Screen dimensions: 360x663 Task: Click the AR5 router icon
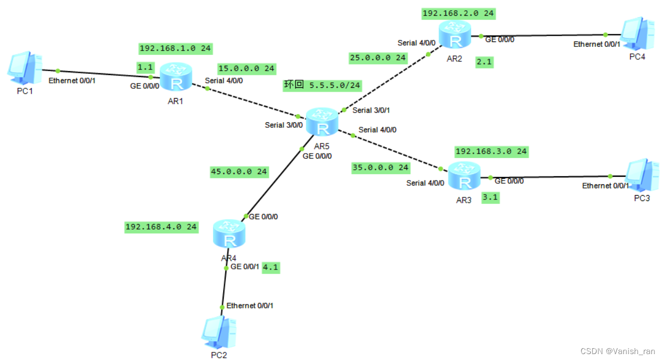tap(322, 121)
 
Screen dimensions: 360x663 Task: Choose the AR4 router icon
tap(230, 233)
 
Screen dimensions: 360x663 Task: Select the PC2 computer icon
tap(218, 332)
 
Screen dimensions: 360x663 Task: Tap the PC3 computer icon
tap(642, 175)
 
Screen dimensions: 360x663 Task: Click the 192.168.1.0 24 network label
tap(175, 49)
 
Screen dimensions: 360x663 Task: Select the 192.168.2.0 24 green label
tap(459, 13)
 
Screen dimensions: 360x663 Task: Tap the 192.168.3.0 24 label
tap(491, 151)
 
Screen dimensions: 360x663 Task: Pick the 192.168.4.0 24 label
tap(161, 227)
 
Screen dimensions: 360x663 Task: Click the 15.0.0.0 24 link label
tap(246, 68)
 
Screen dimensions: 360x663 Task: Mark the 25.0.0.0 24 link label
tap(377, 57)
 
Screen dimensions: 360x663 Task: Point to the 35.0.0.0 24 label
tap(381, 168)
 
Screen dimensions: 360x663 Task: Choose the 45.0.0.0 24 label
tap(239, 172)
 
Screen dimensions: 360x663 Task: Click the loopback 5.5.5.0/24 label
tap(322, 85)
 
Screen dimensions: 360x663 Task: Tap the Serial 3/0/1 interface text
tap(371, 110)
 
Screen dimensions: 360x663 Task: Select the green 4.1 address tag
tap(271, 267)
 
